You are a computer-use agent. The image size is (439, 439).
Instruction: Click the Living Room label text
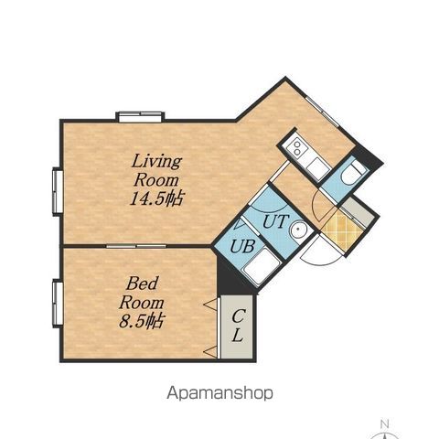[156, 171]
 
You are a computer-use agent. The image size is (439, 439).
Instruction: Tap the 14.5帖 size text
[156, 198]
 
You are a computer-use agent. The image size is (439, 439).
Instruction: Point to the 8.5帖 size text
[142, 321]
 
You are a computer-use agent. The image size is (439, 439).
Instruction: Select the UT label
[275, 221]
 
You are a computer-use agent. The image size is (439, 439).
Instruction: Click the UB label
[242, 246]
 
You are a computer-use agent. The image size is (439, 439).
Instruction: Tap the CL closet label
[238, 325]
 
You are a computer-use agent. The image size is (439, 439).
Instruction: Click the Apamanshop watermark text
[219, 393]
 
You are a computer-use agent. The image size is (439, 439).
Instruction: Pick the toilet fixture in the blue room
[353, 172]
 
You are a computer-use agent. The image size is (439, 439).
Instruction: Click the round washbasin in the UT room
[299, 230]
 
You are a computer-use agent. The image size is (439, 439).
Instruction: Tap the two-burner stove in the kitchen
[296, 147]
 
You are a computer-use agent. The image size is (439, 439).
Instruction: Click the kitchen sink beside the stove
[318, 168]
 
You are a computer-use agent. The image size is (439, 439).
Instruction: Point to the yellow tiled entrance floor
[343, 230]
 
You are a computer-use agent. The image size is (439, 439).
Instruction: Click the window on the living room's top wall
[140, 117]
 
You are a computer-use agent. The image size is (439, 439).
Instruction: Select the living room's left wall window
[58, 192]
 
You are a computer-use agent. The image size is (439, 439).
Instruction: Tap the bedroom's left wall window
[58, 304]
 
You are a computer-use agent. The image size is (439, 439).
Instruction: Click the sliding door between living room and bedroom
[136, 246]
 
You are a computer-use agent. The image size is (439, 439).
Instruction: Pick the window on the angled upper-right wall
[323, 112]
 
